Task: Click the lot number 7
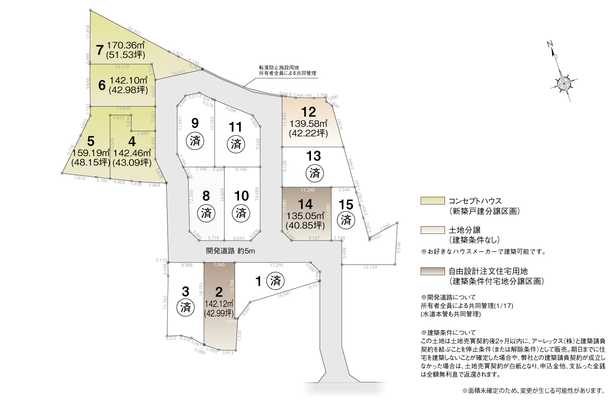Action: tap(99, 50)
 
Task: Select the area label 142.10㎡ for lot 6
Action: tap(129, 80)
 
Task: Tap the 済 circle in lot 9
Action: tap(195, 140)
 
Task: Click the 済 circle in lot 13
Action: tap(315, 173)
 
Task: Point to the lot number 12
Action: tap(308, 112)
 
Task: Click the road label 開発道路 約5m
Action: tap(230, 250)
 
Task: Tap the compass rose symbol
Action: tap(564, 84)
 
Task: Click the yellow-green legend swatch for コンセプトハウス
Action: tap(432, 201)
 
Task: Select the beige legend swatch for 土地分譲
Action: tap(432, 230)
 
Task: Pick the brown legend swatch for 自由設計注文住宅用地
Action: tap(432, 271)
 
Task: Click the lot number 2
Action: tap(219, 292)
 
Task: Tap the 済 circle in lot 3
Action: tap(186, 307)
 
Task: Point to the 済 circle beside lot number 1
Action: tap(275, 281)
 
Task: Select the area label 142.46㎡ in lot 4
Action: tap(132, 153)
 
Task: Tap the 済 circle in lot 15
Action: tap(346, 219)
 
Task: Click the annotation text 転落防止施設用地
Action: tap(279, 67)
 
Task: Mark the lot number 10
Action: tap(241, 196)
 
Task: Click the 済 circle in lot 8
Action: tap(206, 213)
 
